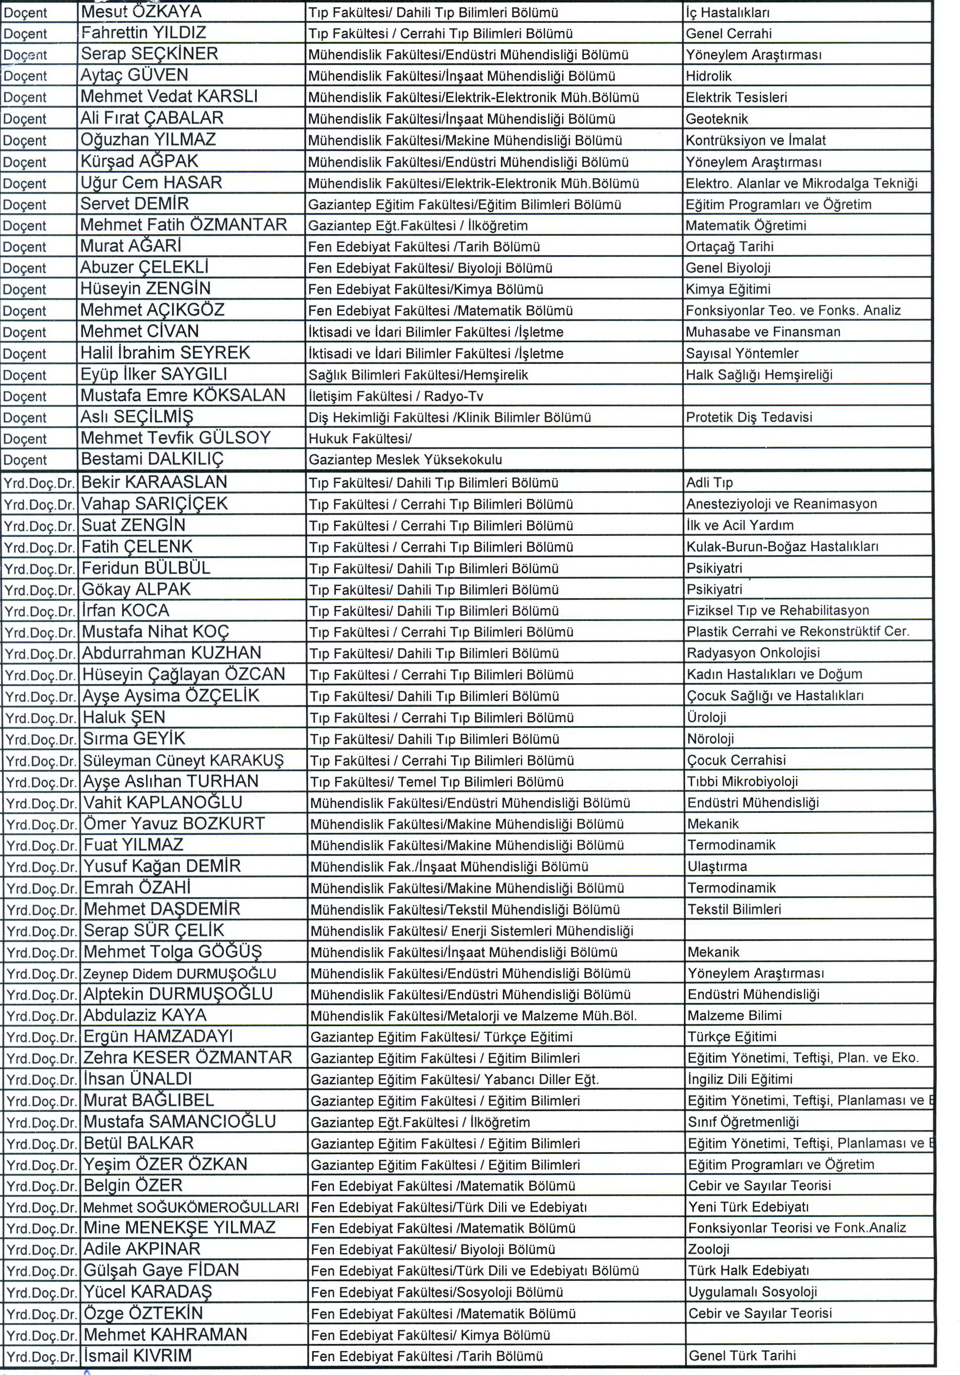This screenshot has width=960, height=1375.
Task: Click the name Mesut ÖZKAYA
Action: (141, 12)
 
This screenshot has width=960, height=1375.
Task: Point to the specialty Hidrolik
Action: (709, 76)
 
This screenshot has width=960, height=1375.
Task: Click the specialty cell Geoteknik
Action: (717, 118)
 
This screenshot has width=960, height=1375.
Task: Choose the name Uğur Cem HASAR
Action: (151, 182)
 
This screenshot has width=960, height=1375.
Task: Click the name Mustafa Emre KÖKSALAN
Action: (183, 395)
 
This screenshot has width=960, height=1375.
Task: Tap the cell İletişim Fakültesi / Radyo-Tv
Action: (396, 396)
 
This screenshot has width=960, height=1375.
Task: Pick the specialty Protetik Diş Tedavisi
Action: (749, 417)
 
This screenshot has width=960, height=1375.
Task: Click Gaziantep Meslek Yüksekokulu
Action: (405, 460)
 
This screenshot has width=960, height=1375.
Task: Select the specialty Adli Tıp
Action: (709, 482)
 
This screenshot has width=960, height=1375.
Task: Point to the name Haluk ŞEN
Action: (123, 717)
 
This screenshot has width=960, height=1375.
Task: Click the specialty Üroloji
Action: (707, 717)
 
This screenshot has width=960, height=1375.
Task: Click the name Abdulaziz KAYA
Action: (145, 1015)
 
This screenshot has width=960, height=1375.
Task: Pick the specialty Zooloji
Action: (709, 1249)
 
